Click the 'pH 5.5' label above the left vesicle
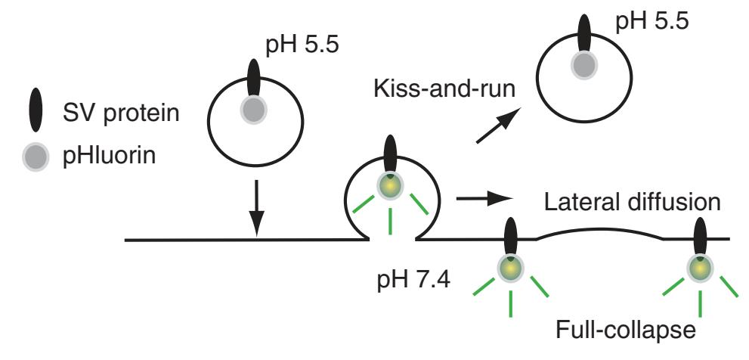click(303, 49)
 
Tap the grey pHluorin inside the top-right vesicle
click(583, 66)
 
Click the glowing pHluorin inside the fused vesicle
click(390, 185)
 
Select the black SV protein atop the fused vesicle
click(390, 155)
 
